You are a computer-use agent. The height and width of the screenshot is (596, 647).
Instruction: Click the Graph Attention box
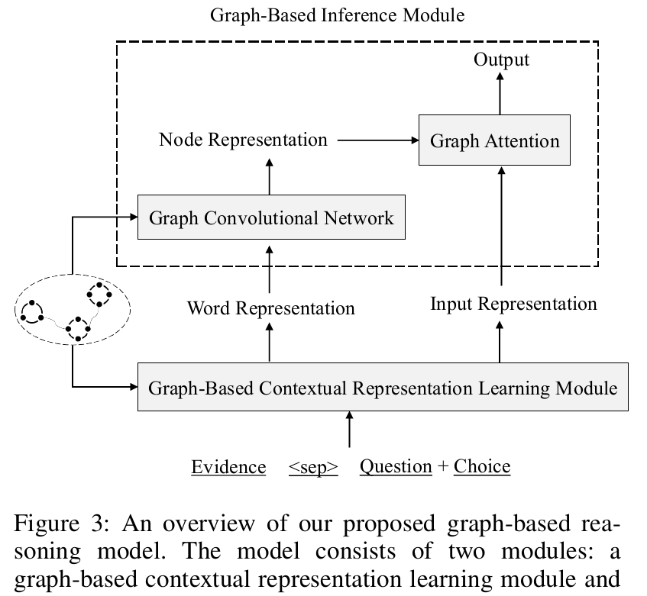[x=494, y=140]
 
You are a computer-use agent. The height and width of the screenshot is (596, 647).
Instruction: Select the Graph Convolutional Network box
[x=271, y=217]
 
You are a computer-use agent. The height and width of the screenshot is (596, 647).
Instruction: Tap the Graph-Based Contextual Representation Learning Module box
[x=382, y=388]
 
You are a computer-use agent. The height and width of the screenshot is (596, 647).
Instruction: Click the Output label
[x=501, y=60]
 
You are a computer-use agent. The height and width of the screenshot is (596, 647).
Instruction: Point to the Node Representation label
[x=243, y=140]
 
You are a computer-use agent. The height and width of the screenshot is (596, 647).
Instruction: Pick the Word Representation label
[x=270, y=308]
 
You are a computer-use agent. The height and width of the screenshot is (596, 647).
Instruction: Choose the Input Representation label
[x=513, y=304]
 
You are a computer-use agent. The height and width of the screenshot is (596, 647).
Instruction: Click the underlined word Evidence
[x=228, y=466]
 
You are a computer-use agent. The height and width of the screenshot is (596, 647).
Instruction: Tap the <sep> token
[x=313, y=467]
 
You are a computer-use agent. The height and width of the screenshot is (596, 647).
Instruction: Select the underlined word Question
[x=396, y=466]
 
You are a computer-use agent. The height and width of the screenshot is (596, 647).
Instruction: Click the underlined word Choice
[x=482, y=466]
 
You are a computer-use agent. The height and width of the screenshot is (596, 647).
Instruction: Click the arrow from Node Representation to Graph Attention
[x=377, y=140]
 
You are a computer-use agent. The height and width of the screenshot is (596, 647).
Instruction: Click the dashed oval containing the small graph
[x=73, y=308]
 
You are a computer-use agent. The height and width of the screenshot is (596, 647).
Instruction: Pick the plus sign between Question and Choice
[x=443, y=466]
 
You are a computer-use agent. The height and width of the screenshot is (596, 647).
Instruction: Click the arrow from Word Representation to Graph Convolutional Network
[x=270, y=268]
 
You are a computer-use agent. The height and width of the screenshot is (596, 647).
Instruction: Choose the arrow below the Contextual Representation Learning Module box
[x=349, y=430]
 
